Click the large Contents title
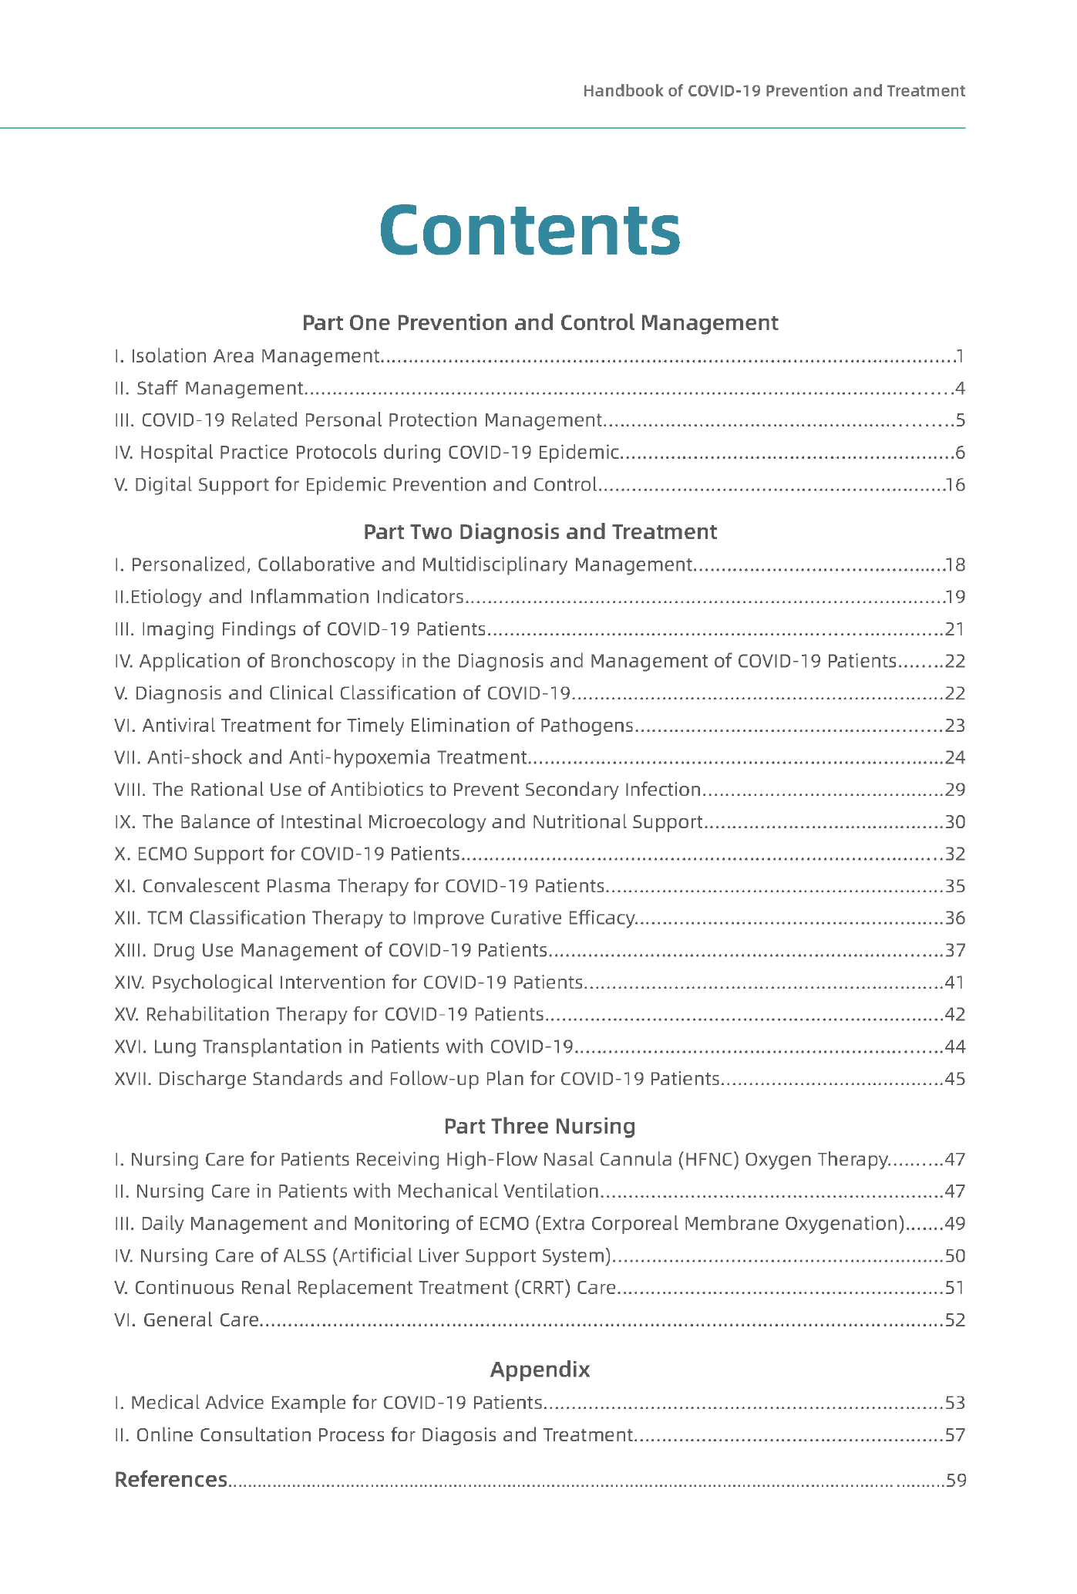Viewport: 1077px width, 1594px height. pyautogui.click(x=530, y=230)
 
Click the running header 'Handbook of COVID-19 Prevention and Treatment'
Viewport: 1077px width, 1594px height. pyautogui.click(x=773, y=91)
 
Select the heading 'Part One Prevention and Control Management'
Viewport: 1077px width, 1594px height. pyautogui.click(x=540, y=322)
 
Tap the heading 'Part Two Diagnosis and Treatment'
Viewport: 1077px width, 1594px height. pyautogui.click(x=540, y=532)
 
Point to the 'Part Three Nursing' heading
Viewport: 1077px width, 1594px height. pyautogui.click(x=540, y=1127)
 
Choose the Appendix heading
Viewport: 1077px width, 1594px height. pyautogui.click(x=540, y=1370)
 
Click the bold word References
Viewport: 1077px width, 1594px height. pyautogui.click(x=170, y=1480)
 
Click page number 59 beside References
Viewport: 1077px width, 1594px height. pyautogui.click(x=955, y=1481)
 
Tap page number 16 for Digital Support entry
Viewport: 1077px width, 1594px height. pyautogui.click(x=955, y=485)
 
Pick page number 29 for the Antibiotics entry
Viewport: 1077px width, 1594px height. pyautogui.click(x=955, y=790)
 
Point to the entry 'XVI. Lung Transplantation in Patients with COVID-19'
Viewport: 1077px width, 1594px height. pyautogui.click(x=344, y=1046)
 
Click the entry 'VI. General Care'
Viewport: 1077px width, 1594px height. pyautogui.click(x=186, y=1320)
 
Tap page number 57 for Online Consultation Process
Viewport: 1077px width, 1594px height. pyautogui.click(x=955, y=1435)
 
